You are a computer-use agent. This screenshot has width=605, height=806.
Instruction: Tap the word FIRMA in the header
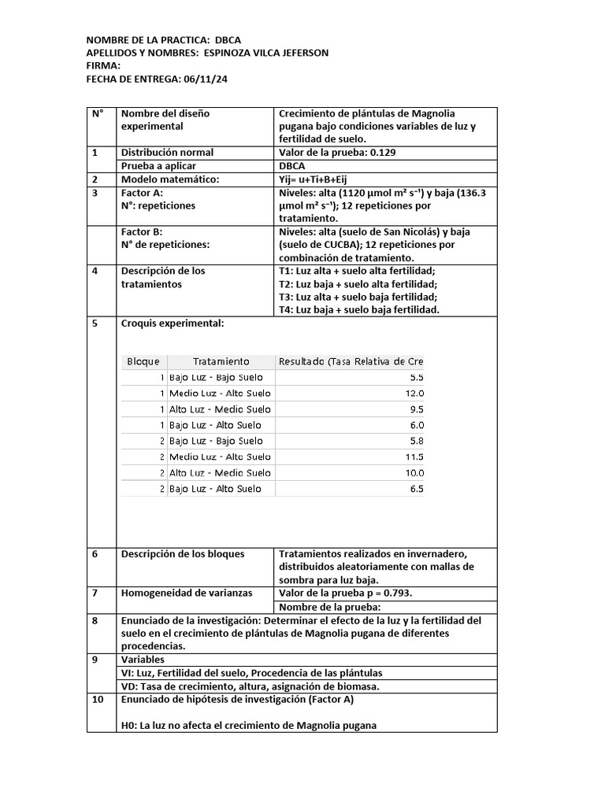(102, 66)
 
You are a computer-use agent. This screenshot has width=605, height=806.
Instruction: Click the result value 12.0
(414, 394)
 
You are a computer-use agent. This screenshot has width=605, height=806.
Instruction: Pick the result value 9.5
(417, 409)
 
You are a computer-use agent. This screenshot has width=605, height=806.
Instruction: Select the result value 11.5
(414, 457)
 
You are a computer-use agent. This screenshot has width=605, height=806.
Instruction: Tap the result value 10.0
(414, 473)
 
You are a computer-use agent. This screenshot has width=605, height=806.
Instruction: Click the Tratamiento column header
(221, 361)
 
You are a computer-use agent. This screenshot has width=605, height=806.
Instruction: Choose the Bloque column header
(143, 361)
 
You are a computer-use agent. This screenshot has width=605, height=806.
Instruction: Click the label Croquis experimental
(173, 324)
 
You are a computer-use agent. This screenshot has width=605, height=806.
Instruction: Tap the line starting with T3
(358, 297)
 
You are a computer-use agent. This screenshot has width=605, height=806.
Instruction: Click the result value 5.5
(417, 378)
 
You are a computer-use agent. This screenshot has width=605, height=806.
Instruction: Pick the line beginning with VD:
(250, 686)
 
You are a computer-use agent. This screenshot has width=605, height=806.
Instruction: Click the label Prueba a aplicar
(158, 166)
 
